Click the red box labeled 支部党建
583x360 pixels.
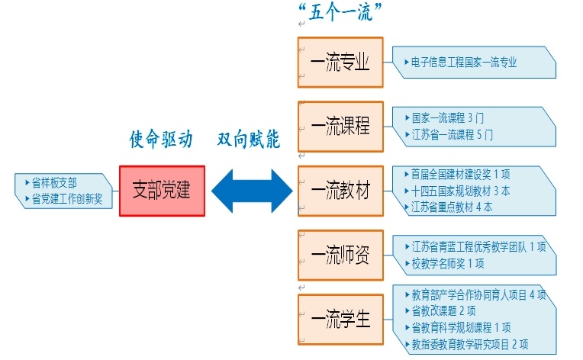162,191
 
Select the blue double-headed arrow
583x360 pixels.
252,191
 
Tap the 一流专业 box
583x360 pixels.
340,62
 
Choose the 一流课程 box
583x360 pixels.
340,126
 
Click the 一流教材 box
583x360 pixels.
340,191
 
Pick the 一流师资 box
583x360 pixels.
340,255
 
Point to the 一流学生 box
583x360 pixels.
340,319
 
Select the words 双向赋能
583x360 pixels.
248,140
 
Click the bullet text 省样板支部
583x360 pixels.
54,183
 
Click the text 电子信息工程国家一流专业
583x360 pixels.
463,63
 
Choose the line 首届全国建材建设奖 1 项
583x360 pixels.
461,175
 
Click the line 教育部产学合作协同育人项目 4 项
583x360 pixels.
478,295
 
